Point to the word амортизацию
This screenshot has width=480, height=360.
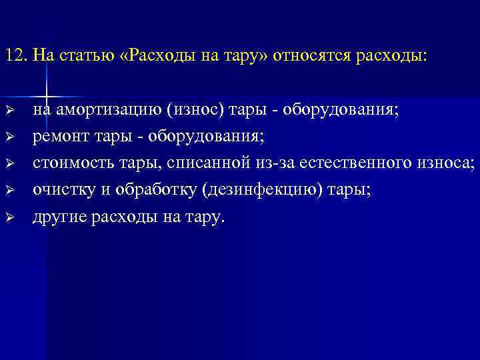114,110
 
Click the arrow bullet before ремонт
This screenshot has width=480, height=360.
9,136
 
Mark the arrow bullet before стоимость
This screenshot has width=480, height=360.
9,163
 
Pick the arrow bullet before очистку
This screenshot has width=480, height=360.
9,189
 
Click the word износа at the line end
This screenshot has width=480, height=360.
449,163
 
